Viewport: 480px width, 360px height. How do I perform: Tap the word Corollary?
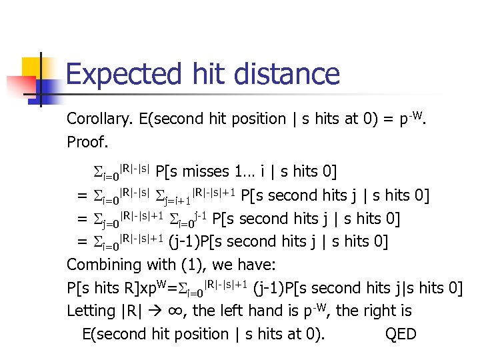100,119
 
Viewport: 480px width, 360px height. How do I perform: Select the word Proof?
87,142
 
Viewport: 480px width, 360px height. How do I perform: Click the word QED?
401,333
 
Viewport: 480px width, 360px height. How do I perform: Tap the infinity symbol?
195,311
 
